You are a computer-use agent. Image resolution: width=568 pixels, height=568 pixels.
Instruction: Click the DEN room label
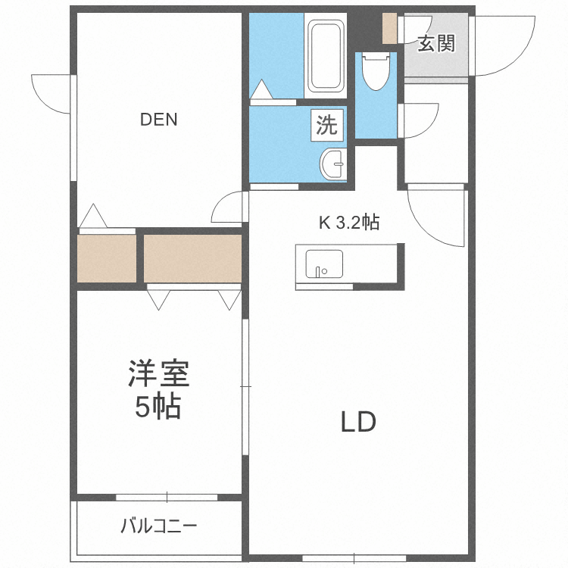(x=159, y=120)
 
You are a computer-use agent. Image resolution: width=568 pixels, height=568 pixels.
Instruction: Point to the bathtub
(x=326, y=56)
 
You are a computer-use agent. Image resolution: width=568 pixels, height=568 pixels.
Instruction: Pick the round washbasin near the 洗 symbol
(x=332, y=163)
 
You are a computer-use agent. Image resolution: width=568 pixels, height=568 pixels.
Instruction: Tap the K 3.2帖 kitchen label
(x=348, y=223)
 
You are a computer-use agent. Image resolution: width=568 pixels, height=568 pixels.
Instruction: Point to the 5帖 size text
(x=158, y=408)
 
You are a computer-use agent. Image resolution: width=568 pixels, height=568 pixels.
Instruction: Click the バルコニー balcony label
(x=159, y=526)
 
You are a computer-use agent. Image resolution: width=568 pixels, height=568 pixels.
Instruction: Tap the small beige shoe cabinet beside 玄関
(x=389, y=29)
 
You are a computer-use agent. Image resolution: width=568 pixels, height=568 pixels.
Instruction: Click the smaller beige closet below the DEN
(x=107, y=258)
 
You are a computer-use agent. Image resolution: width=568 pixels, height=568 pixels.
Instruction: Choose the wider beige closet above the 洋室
(x=192, y=258)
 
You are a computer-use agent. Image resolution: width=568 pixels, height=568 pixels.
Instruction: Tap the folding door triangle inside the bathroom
(x=261, y=91)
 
